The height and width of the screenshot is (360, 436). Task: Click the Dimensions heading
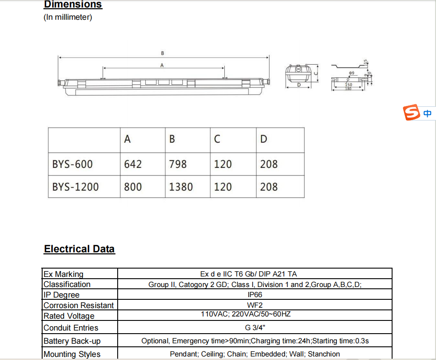(x=73, y=4)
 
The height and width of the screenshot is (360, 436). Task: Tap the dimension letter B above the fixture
(x=162, y=53)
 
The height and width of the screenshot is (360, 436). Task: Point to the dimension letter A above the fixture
(x=162, y=65)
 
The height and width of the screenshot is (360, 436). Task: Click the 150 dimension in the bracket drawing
(x=349, y=84)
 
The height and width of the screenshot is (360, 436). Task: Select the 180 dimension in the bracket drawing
(x=348, y=89)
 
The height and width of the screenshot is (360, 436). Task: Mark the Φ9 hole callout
(x=351, y=73)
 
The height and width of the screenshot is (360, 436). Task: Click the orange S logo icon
(x=412, y=113)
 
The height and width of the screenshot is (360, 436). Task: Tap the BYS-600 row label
(x=72, y=164)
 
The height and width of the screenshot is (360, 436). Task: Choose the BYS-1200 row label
(x=76, y=187)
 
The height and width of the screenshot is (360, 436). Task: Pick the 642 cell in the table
(x=133, y=164)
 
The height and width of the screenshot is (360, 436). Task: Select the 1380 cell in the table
(x=181, y=187)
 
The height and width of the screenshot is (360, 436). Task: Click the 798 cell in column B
(x=178, y=164)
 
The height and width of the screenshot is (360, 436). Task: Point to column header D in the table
(x=263, y=139)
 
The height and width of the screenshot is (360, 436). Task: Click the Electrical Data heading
(x=79, y=249)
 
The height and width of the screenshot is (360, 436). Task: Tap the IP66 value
(x=255, y=295)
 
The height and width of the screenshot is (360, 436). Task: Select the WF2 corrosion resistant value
(x=255, y=305)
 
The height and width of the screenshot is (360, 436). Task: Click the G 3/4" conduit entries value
(x=255, y=327)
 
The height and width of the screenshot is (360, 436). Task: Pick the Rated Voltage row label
(x=69, y=316)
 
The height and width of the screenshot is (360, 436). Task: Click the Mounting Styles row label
(x=72, y=354)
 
